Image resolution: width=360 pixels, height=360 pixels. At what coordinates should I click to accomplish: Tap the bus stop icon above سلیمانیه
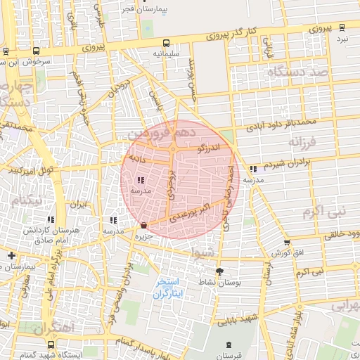tap(166, 42)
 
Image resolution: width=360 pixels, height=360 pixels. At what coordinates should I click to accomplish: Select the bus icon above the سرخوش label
tap(6, 51)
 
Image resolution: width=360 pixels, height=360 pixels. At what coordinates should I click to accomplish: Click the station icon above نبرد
tap(342, 27)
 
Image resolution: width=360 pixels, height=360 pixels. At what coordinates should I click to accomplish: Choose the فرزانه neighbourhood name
tap(305, 141)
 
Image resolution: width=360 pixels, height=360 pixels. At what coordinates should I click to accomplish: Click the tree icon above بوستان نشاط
tap(219, 271)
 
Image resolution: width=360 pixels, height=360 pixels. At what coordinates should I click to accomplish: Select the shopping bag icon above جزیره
tap(144, 226)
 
